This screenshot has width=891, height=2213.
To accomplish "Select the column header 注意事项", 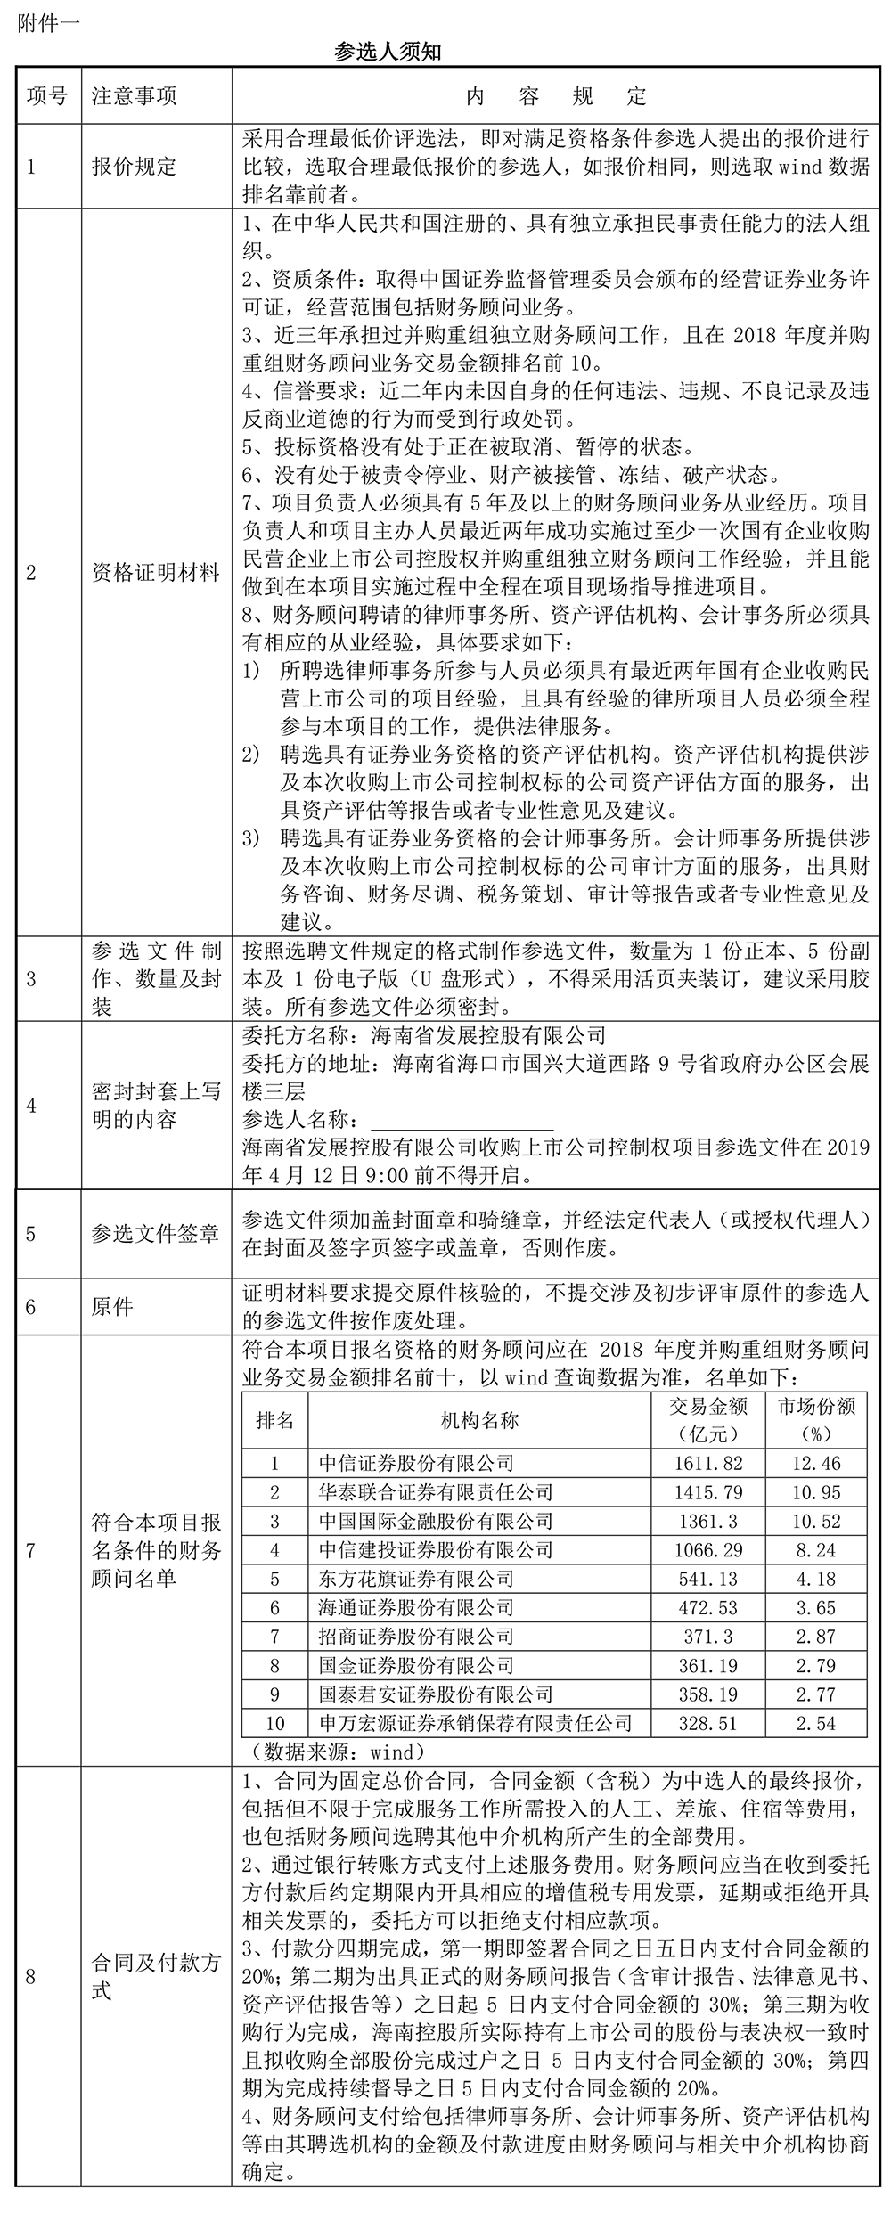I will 135,96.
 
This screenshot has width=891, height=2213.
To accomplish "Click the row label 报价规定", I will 135,167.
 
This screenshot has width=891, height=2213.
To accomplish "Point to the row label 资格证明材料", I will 156,573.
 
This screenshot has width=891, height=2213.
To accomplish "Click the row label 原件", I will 113,1307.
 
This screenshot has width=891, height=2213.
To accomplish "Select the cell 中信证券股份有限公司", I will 416,1463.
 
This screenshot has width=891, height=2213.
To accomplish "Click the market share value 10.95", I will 816,1492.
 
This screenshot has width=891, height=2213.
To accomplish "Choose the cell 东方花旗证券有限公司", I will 416,1579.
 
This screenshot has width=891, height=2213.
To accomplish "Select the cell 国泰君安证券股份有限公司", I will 436,1694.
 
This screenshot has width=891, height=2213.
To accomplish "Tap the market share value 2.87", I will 816,1637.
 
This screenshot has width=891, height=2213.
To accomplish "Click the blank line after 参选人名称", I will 462,1120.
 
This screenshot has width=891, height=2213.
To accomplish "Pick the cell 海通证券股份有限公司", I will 416,1608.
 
